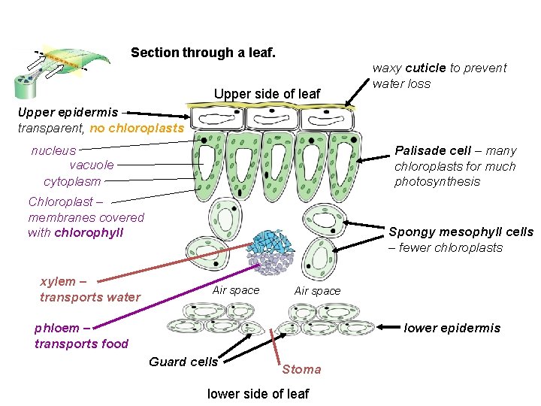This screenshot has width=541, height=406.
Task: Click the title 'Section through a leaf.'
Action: tap(203, 53)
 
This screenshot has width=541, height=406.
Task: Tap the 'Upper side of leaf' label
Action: tap(267, 94)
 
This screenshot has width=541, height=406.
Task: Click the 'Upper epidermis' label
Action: tap(68, 112)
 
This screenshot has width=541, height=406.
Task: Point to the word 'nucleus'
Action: tap(53, 150)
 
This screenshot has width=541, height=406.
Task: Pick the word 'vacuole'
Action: tap(92, 165)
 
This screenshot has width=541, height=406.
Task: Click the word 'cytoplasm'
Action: tap(72, 181)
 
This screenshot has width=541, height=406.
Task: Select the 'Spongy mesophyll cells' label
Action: tap(461, 232)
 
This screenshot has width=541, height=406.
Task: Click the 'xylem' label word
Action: tap(58, 281)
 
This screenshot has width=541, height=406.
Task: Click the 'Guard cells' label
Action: tap(183, 362)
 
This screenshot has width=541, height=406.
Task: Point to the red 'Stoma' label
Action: tap(301, 369)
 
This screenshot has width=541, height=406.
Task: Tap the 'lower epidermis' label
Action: tap(452, 328)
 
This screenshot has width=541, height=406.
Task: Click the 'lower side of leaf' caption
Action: tap(258, 393)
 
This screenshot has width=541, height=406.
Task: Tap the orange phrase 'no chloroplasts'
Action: tap(136, 128)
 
